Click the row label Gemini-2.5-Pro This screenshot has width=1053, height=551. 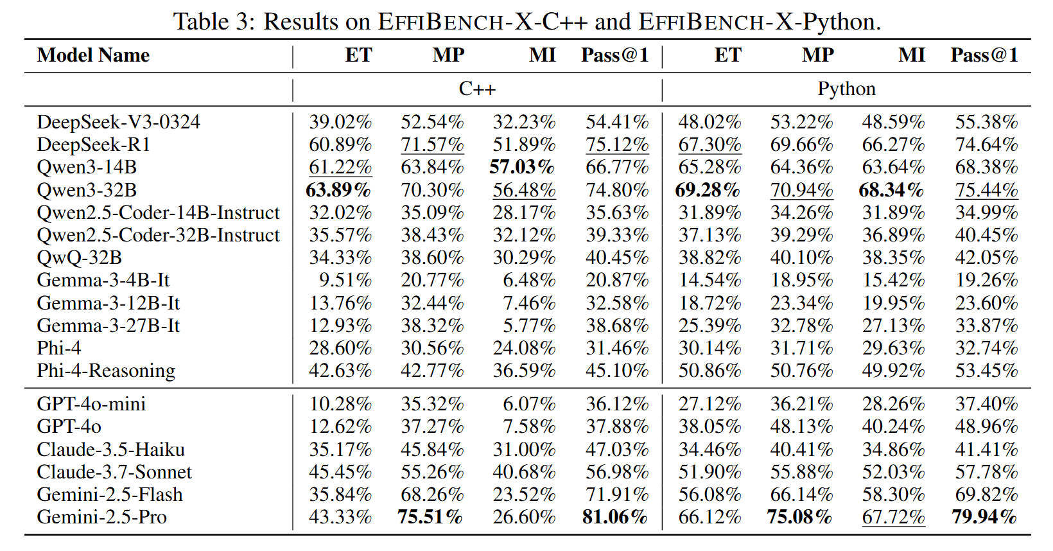click(101, 517)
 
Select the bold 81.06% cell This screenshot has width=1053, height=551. click(614, 517)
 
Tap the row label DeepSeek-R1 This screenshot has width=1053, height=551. click(93, 144)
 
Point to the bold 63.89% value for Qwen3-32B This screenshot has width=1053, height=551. click(338, 190)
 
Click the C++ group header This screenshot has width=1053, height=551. click(477, 89)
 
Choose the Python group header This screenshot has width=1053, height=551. click(846, 89)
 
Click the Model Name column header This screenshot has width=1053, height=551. click(93, 55)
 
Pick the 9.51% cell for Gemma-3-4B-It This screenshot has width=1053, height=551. click(345, 280)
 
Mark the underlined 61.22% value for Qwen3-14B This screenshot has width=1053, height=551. click(340, 167)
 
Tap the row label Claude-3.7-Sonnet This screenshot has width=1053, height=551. click(114, 472)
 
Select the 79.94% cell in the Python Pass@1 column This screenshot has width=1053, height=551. click(984, 517)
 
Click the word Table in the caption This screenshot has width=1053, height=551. click(201, 22)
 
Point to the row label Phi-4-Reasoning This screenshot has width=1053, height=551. click(106, 371)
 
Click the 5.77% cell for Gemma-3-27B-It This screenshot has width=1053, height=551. click(529, 326)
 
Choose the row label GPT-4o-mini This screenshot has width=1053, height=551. click(91, 404)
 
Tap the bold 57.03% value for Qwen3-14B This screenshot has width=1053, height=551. click(522, 167)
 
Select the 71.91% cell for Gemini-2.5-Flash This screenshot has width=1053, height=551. click(617, 494)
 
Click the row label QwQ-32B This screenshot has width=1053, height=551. click(79, 258)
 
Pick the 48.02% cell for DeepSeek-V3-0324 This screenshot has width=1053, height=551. click(709, 122)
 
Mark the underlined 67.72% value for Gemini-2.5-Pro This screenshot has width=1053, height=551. click(893, 517)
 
